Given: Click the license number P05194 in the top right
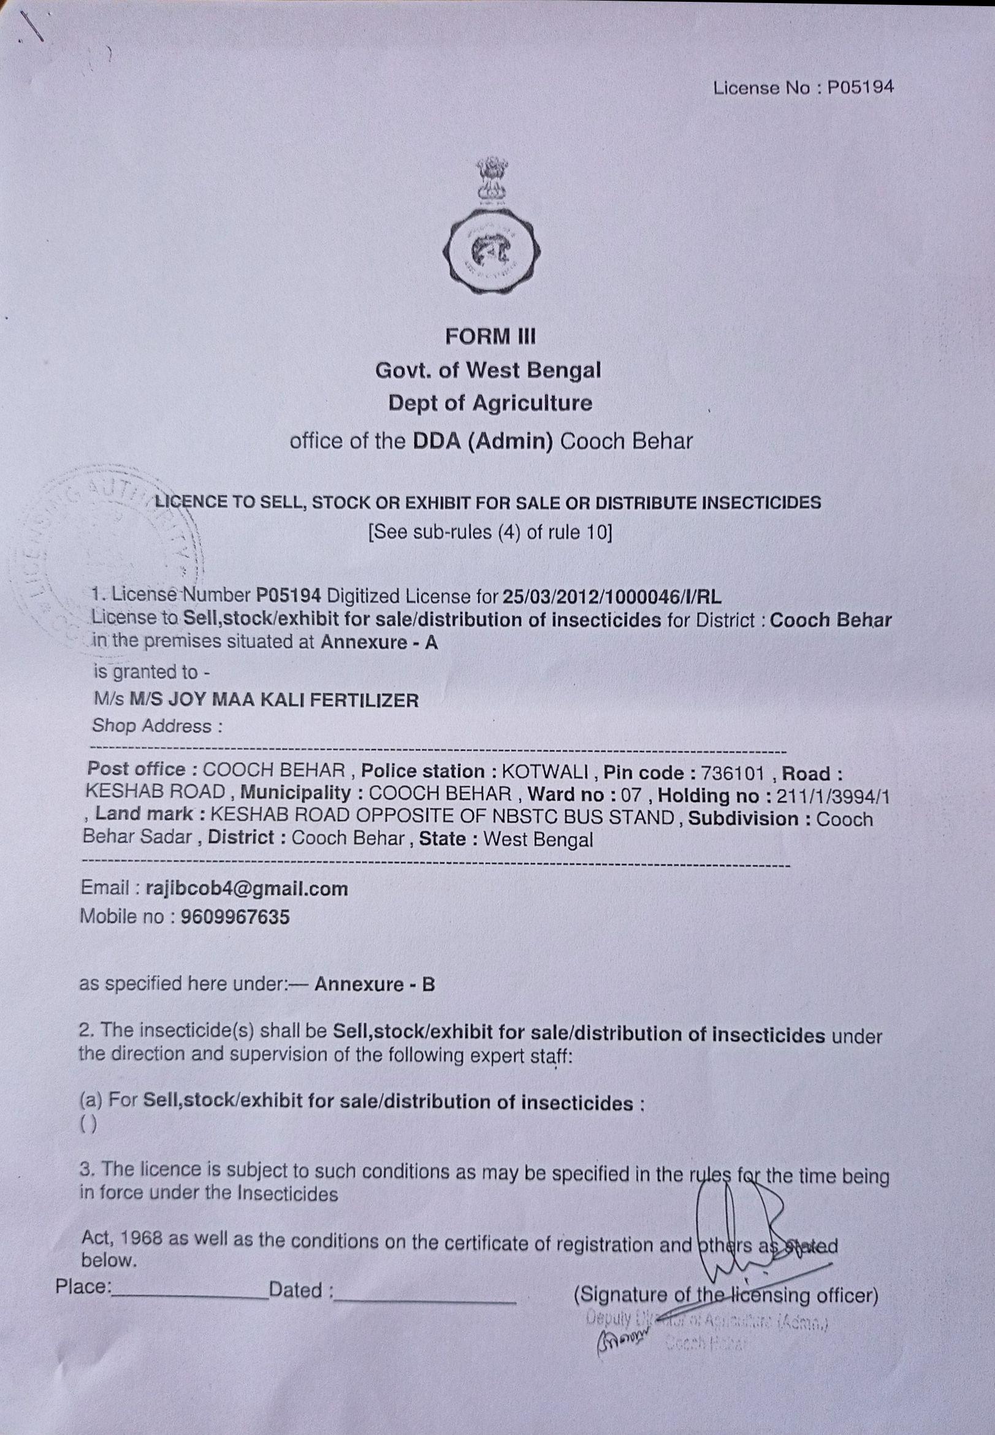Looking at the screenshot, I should pyautogui.click(x=860, y=88).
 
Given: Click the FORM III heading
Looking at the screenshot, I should pyautogui.click(x=490, y=337).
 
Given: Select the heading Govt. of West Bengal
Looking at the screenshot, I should pyautogui.click(x=488, y=370).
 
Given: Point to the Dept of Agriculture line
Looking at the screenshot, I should pyautogui.click(x=490, y=403).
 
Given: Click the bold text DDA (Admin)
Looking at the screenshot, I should pyautogui.click(x=483, y=441).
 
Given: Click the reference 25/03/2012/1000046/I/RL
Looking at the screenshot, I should pyautogui.click(x=612, y=596).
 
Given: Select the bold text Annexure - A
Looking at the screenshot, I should pyautogui.click(x=379, y=642).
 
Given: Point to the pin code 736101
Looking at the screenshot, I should pyautogui.click(x=732, y=774).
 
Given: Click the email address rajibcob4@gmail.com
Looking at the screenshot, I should pyautogui.click(x=247, y=888).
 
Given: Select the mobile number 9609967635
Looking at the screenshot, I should pyautogui.click(x=235, y=916).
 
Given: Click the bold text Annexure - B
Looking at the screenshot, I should pyautogui.click(x=375, y=984).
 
